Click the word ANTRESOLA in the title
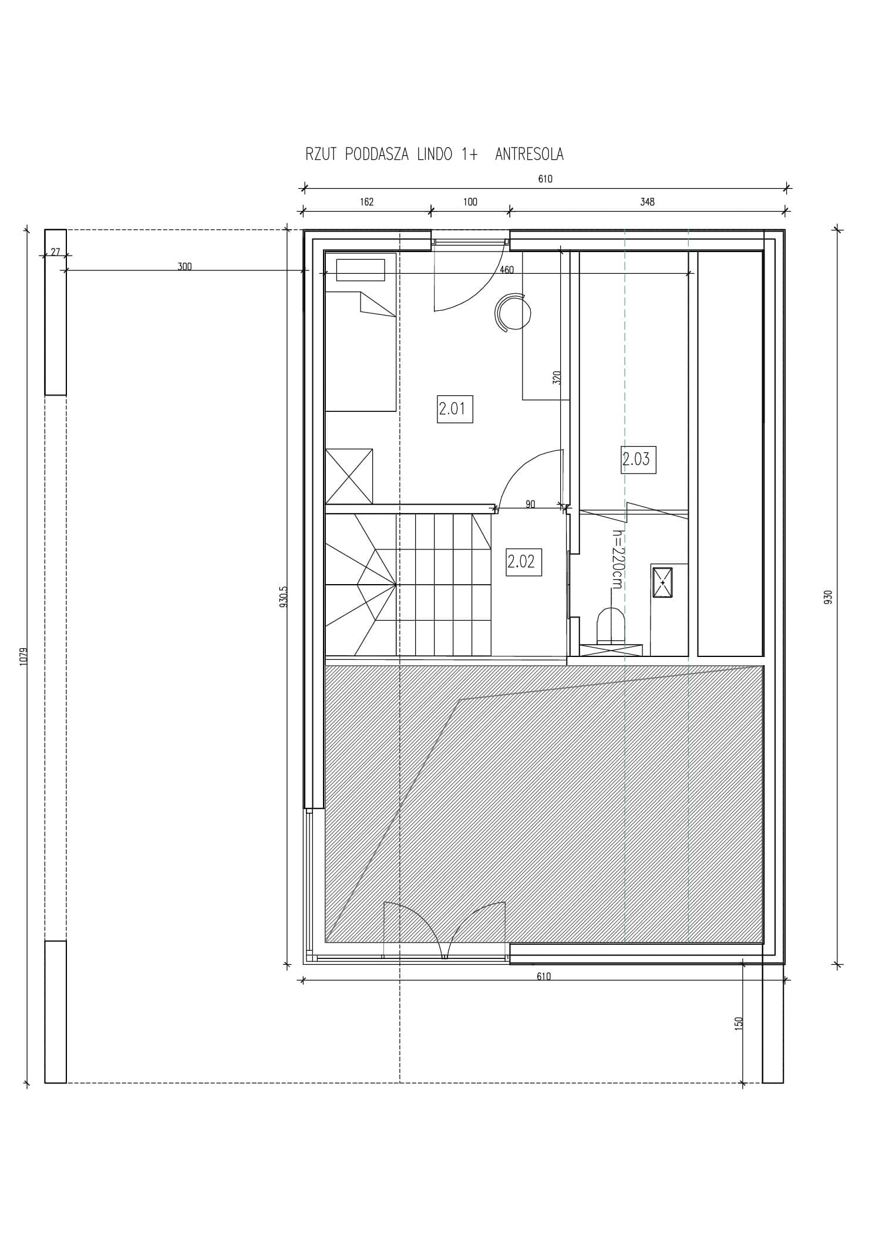coord(529,155)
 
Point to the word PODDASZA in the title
coord(377,155)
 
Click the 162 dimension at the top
coord(366,202)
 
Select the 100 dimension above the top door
coord(470,202)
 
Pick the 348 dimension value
coord(647,202)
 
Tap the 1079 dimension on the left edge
coord(24,655)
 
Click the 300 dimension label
coord(184,267)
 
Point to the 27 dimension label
coord(55,252)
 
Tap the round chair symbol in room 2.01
coord(513,312)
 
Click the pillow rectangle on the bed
coord(361,270)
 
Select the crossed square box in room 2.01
coord(349,476)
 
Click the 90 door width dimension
coord(530,504)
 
